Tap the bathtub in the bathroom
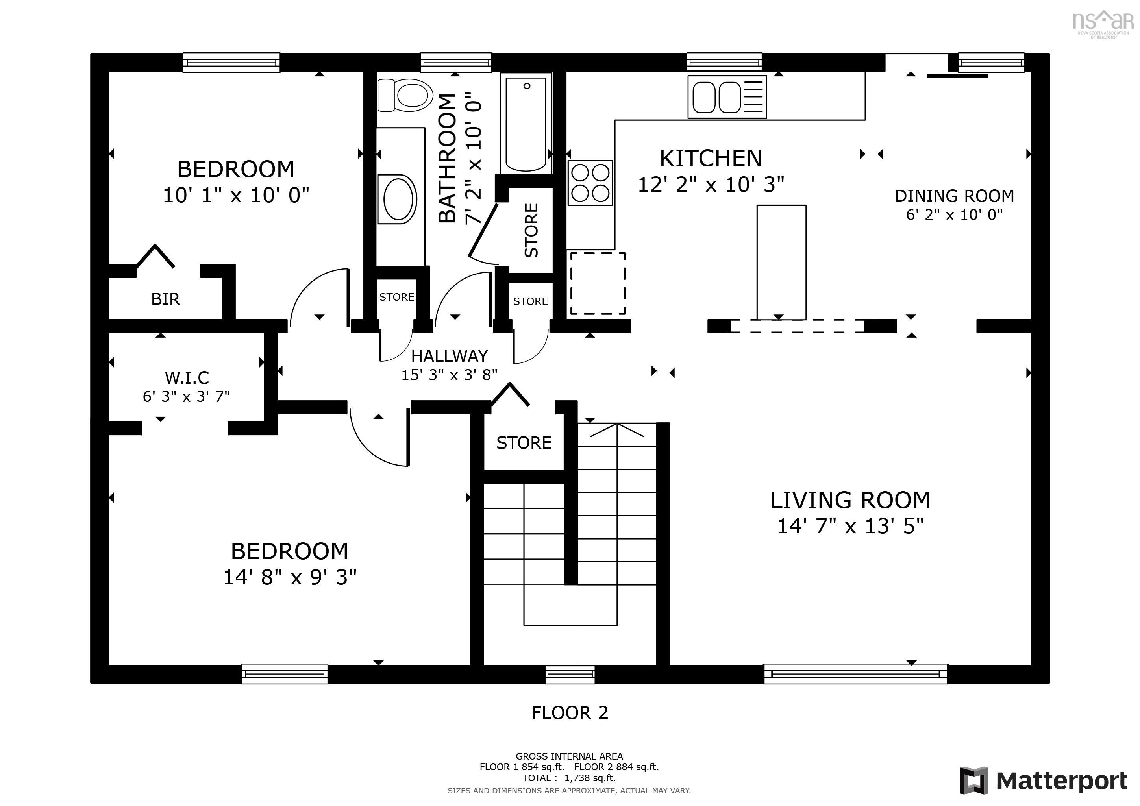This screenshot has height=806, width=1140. pos(526,124)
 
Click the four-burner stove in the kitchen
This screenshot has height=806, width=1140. pos(590,183)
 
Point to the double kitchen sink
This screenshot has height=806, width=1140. pos(727,97)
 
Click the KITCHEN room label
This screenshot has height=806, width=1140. pos(711,158)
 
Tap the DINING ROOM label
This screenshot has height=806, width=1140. pos(954,196)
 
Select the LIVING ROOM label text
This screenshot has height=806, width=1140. pos(850,500)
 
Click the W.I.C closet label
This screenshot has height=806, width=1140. pos(187,378)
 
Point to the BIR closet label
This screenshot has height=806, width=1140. pos(165,299)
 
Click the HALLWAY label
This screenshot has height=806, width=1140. pos(449,356)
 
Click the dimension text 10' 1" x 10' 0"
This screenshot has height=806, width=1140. pos(236,195)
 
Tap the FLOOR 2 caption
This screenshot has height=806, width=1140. pos(570,713)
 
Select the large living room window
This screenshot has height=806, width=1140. pos(855,673)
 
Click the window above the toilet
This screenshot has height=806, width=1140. pos(456,63)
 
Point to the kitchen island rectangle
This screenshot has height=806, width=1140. pos(781,262)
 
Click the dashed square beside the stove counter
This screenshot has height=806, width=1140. pos(597,283)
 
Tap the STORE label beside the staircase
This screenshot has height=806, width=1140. pos(524,443)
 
